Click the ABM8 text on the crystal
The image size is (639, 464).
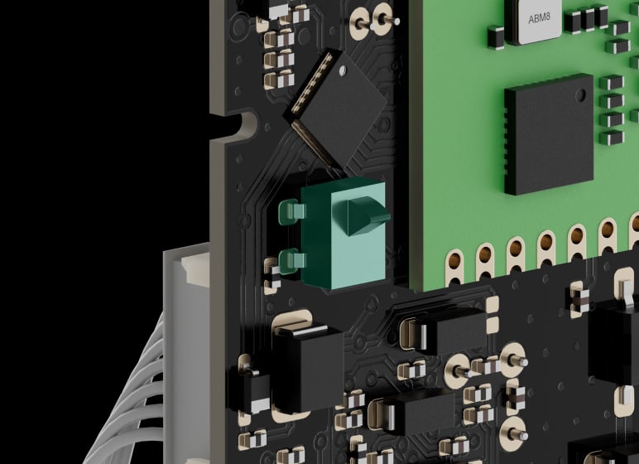click(539, 18)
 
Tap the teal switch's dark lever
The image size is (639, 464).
click(362, 215)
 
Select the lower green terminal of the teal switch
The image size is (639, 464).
click(292, 260)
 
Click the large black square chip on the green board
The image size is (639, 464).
click(549, 134)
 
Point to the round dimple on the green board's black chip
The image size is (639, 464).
click(581, 95)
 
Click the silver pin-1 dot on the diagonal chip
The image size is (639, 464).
click(343, 70)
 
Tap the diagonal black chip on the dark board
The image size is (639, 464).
click(339, 109)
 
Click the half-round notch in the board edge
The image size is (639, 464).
click(247, 123)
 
